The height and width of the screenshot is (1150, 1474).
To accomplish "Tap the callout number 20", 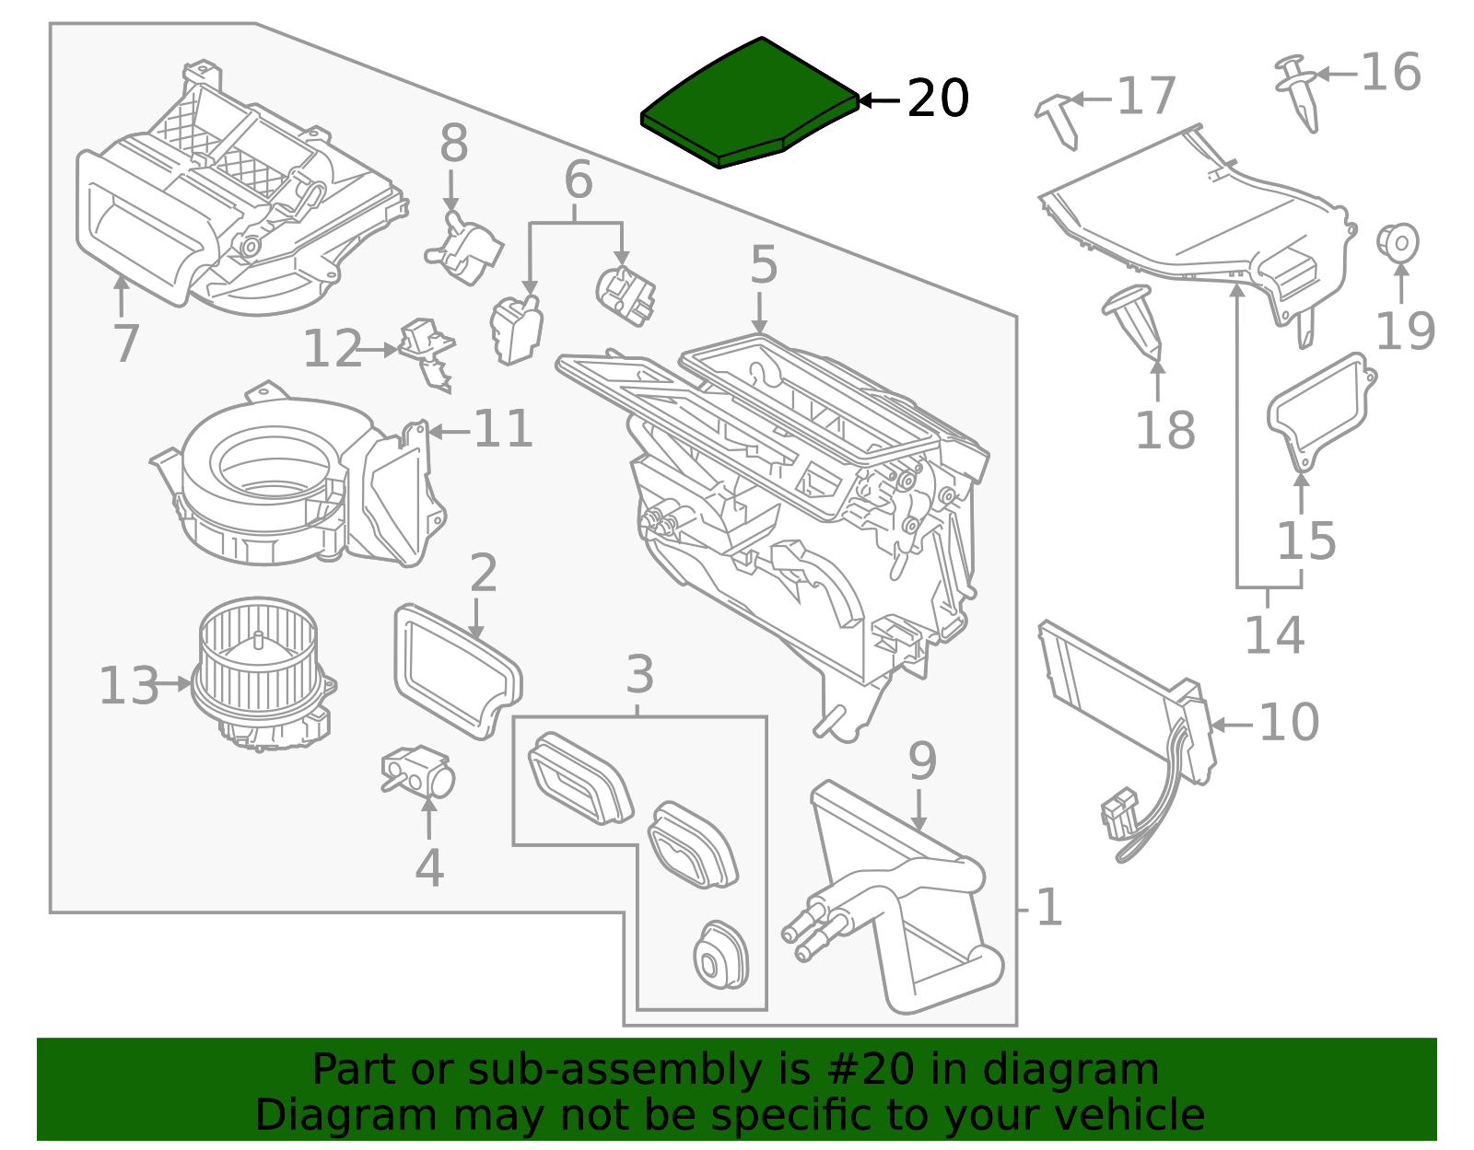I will click(x=937, y=99).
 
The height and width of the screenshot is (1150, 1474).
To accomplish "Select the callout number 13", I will click(x=128, y=686).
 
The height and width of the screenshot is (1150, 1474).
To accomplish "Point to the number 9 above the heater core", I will click(x=921, y=761).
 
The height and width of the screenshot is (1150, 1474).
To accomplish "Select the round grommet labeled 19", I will click(x=1398, y=243).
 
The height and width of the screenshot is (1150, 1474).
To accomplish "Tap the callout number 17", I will click(x=1146, y=96).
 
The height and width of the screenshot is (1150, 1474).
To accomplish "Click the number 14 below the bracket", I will click(x=1274, y=634).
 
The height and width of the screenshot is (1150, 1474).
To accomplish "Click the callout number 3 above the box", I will click(x=639, y=675).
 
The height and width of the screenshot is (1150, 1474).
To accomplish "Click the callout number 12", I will click(x=332, y=349).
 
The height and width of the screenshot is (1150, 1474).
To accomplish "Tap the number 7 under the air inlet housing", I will click(x=125, y=343).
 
